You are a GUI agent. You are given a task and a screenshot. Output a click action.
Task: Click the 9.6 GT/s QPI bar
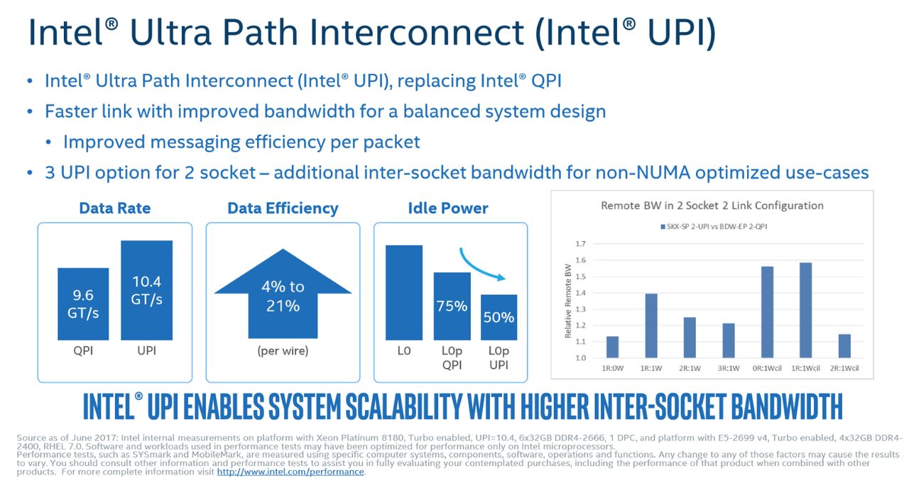(83, 304)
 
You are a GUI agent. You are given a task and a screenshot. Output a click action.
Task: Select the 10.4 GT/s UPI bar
(146, 290)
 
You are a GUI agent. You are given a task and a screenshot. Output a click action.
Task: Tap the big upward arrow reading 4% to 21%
(283, 294)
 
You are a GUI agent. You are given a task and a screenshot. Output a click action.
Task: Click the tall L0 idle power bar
(404, 292)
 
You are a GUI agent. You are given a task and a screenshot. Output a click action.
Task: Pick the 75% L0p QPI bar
(452, 306)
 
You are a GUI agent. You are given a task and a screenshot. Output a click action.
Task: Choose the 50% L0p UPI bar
(499, 317)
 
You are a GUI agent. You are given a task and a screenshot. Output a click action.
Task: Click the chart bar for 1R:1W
(651, 326)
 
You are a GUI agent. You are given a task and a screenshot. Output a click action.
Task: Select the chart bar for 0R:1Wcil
(768, 312)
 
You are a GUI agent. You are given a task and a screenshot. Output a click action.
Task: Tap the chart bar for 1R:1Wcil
(805, 311)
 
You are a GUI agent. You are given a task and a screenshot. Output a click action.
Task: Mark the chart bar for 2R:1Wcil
(844, 346)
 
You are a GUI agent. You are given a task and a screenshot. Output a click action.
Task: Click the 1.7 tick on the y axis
(581, 244)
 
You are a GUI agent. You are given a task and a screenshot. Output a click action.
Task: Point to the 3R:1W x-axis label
(729, 368)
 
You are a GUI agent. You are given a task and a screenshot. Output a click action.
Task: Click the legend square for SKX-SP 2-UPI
(663, 227)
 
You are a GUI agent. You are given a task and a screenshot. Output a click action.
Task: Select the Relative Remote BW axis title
(568, 301)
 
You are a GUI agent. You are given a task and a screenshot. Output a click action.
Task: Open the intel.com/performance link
(290, 472)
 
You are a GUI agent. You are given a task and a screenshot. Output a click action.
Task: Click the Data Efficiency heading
(283, 209)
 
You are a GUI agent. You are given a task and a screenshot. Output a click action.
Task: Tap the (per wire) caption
(283, 350)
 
